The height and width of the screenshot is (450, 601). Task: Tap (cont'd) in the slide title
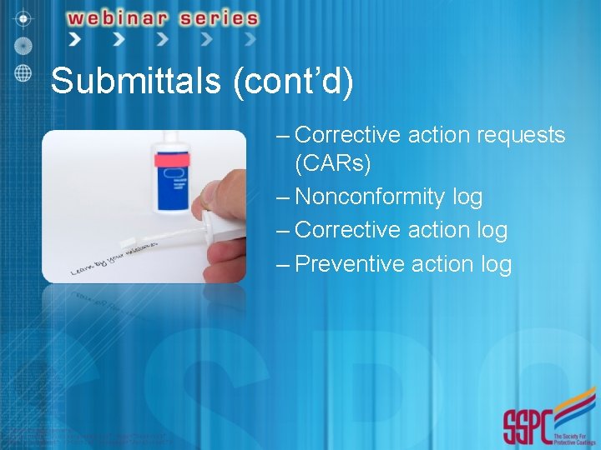pos(295,82)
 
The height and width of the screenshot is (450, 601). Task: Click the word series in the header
pos(218,17)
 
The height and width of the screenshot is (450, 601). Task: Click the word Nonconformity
pos(370,197)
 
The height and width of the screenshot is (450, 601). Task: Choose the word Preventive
pos(350,264)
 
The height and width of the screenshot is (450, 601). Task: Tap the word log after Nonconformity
pos(467,197)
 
